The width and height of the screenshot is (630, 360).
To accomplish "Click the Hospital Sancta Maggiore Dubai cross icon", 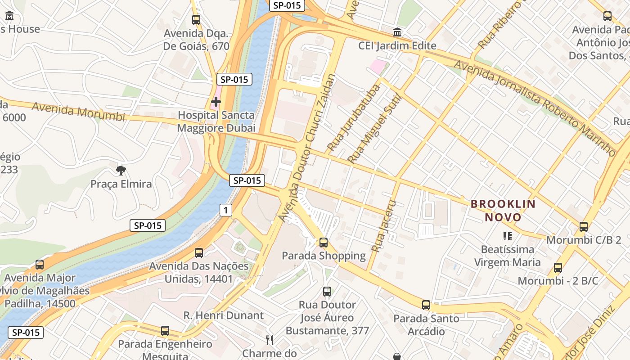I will (216, 102).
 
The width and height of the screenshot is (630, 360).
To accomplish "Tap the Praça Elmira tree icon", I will (121, 171).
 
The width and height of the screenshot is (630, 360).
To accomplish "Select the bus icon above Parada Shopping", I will (324, 243).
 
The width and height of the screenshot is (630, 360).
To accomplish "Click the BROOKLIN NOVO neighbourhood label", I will (503, 211).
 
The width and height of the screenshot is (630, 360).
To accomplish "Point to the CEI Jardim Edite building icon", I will (397, 32).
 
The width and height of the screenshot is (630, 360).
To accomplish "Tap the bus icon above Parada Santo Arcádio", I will (426, 305).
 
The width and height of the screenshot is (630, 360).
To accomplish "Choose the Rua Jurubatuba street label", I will (353, 118).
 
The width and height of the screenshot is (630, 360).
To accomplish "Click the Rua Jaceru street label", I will (383, 226).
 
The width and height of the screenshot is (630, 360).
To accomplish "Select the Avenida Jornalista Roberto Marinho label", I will (534, 107).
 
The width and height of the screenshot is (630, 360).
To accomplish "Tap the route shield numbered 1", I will (226, 210).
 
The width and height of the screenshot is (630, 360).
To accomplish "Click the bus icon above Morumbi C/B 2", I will (584, 227).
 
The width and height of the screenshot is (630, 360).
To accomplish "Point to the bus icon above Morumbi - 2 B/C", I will (558, 268).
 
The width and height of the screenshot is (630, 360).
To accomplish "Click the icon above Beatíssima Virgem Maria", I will (508, 236).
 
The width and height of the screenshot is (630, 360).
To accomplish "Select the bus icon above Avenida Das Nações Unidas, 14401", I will (199, 253).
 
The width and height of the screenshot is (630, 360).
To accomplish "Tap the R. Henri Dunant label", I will (224, 315).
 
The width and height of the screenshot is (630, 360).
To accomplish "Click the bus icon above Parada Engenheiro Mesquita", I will (165, 331).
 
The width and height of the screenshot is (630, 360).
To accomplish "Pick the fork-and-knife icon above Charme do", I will (270, 340).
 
